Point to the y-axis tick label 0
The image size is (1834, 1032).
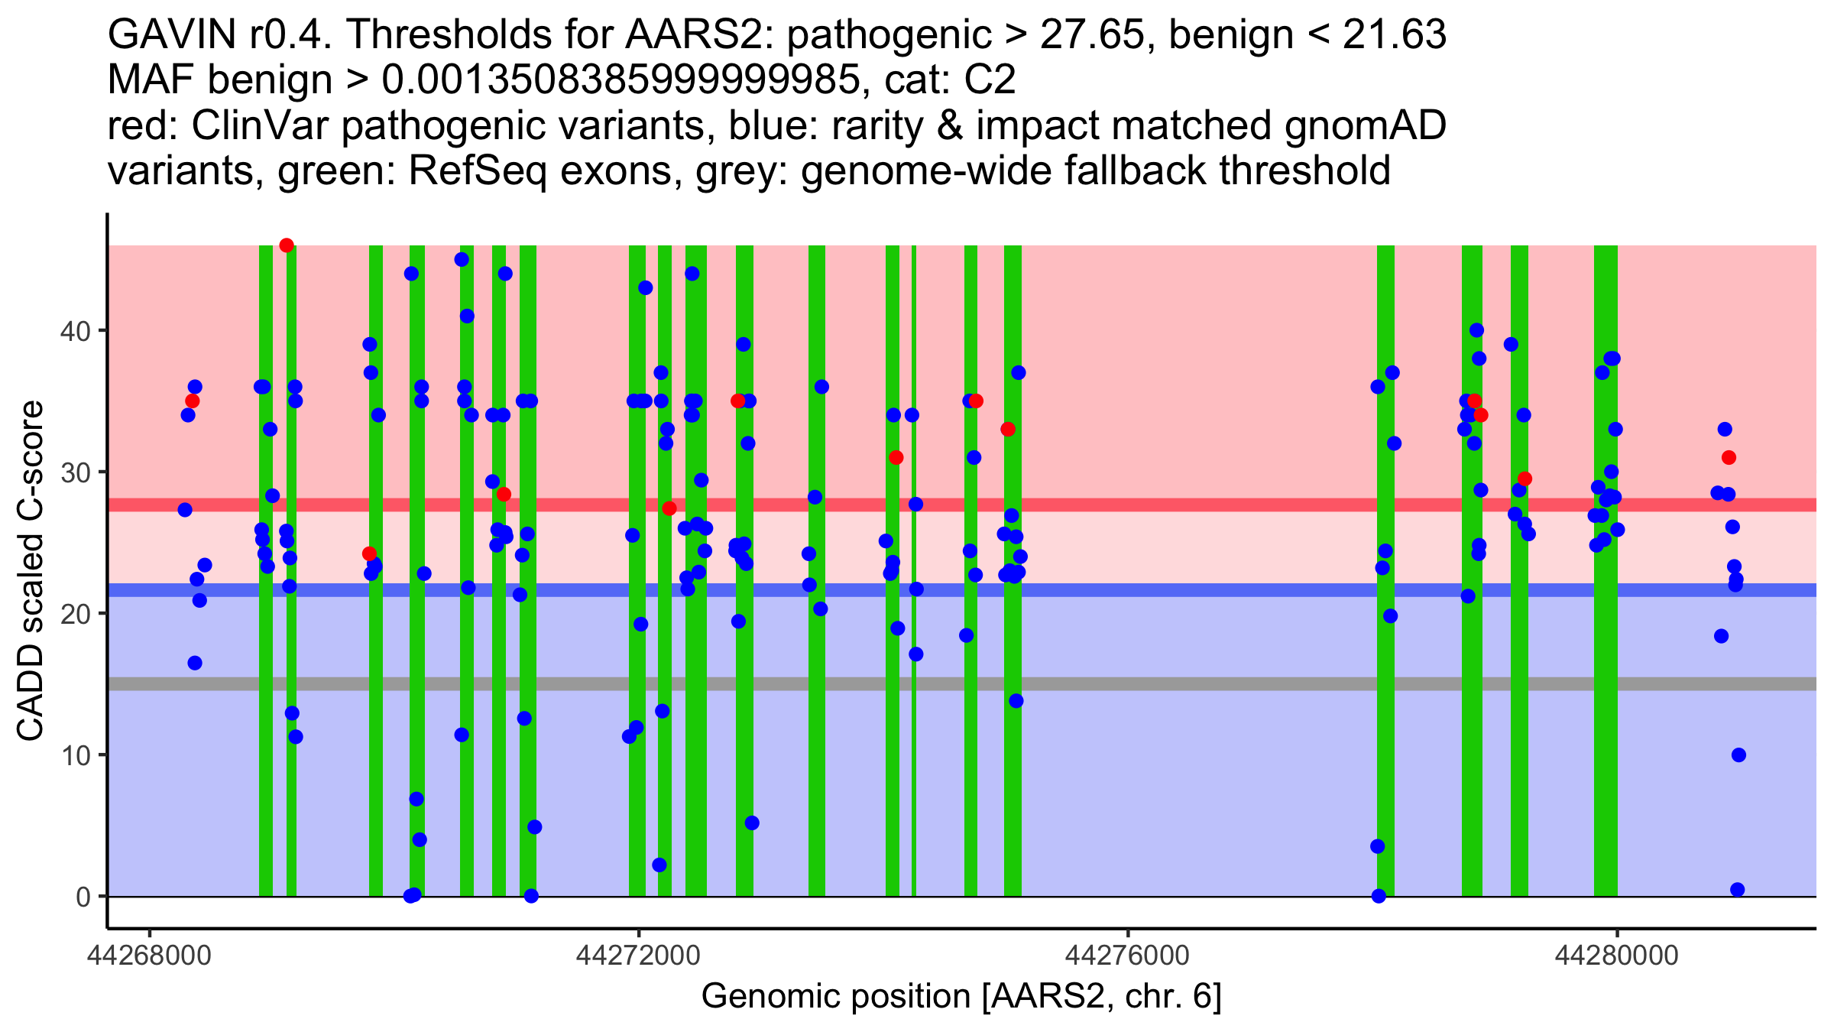click(83, 897)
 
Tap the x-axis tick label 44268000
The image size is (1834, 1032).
click(150, 956)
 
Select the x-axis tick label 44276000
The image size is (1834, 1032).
click(1128, 956)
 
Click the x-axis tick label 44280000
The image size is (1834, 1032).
click(1617, 956)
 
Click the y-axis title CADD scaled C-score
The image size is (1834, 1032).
click(31, 571)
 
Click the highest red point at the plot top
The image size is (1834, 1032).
click(287, 245)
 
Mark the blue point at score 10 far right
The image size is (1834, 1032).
click(1739, 755)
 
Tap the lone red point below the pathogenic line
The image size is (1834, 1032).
click(369, 553)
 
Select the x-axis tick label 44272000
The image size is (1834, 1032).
click(639, 956)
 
